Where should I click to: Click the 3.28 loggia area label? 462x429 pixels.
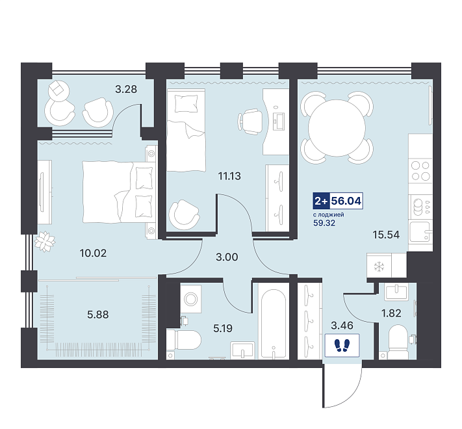[x=126, y=89]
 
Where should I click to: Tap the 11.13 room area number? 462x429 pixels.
[x=229, y=176]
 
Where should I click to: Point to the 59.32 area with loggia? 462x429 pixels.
[x=324, y=223]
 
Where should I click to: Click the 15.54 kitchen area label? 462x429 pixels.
[x=386, y=235]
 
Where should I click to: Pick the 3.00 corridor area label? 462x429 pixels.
[x=227, y=257]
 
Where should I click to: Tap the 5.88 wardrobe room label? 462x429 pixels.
[x=98, y=315]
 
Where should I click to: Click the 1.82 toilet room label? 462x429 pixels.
[x=391, y=313]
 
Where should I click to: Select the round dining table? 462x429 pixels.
[x=337, y=128]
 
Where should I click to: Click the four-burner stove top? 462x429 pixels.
[x=420, y=171]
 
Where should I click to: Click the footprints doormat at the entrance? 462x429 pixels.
[x=342, y=345]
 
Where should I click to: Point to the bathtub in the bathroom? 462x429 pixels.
[x=273, y=324]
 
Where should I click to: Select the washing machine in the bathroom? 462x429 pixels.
[x=190, y=299]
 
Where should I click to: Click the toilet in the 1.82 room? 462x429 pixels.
[x=398, y=342]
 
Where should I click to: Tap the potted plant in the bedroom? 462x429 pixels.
[x=45, y=242]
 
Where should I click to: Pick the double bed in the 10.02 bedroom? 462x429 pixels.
[x=118, y=192]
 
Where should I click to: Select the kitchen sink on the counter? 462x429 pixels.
[x=420, y=231]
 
